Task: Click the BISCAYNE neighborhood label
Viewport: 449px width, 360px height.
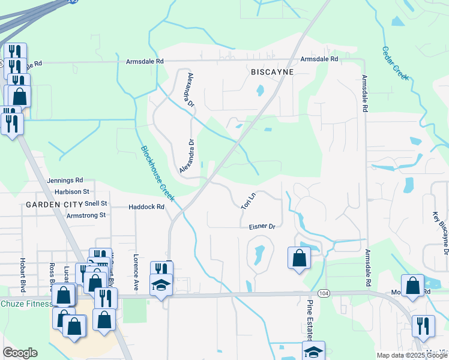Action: point(272,72)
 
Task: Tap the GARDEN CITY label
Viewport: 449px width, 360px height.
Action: point(49,205)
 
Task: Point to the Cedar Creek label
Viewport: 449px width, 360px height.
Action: point(396,64)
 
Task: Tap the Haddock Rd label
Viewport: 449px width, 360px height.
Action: point(146,207)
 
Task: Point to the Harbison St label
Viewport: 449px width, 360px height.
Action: point(71,192)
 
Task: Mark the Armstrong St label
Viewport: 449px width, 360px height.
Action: point(86,215)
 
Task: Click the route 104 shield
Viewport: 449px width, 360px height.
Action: point(324,293)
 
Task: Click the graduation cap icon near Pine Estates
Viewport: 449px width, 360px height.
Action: point(312,352)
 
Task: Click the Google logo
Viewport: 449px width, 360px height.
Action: point(20,353)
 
